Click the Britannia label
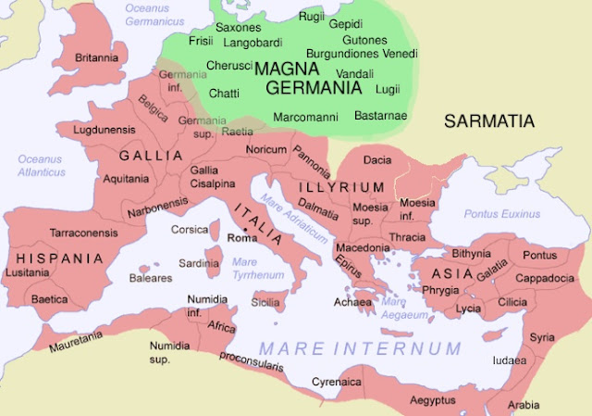tap(97, 57)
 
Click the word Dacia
tap(376, 160)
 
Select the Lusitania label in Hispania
tap(25, 272)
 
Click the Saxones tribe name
tap(239, 28)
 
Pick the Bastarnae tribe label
tap(382, 117)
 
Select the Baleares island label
tap(150, 277)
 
